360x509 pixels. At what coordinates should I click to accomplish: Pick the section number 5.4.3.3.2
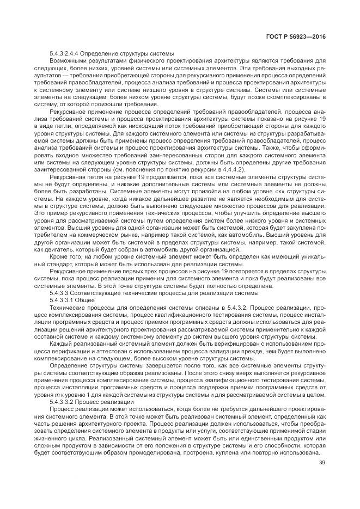pyautogui.click(x=66, y=401)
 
